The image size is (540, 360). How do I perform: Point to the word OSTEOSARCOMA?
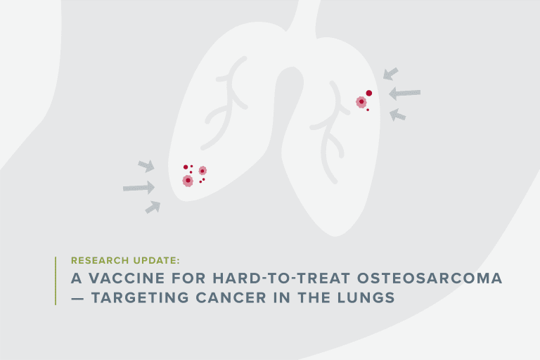[x=430, y=278]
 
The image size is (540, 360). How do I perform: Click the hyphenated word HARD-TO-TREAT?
[x=281, y=278]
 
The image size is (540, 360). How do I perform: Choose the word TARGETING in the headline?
[x=140, y=297]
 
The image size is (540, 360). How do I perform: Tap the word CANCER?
[x=231, y=297]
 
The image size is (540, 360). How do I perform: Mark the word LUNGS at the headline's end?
[x=366, y=297]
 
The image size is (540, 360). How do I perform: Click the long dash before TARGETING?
[x=77, y=298]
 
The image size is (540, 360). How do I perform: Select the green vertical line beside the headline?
[x=56, y=281]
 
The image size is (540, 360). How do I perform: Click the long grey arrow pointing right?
[x=139, y=188]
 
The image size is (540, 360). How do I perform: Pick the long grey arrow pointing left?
[x=405, y=93]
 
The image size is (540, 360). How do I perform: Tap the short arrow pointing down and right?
[x=146, y=166]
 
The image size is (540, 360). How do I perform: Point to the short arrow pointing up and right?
[x=153, y=207]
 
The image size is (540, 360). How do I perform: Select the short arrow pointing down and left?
[x=391, y=74]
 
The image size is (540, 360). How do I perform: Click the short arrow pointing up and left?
[x=397, y=115]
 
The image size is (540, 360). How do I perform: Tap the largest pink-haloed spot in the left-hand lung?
[x=188, y=181]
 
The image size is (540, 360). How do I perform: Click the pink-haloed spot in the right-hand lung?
[x=361, y=102]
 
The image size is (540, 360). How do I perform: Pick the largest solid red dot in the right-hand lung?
[x=369, y=93]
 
